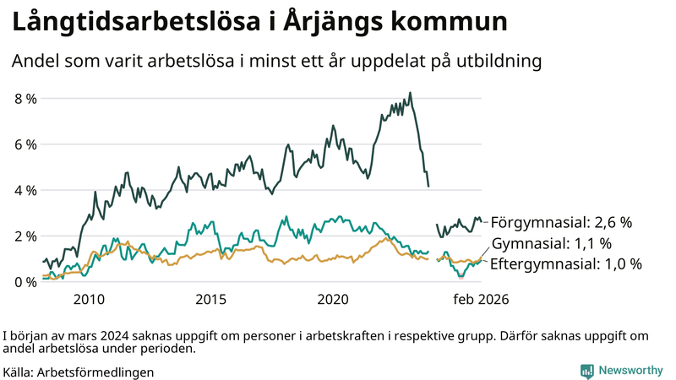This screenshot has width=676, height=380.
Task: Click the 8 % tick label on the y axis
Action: (25, 99)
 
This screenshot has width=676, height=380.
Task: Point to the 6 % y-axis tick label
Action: (25, 144)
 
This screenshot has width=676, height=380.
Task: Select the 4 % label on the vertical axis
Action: (25, 190)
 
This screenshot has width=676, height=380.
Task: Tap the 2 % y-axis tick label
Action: (25, 236)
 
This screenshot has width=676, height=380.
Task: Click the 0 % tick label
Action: (25, 281)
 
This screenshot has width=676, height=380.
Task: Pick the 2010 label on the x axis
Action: (89, 299)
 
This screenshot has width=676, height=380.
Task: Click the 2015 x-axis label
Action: (211, 299)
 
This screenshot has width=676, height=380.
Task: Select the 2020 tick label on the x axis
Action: (333, 299)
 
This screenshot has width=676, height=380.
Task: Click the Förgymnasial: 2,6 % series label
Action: (561, 223)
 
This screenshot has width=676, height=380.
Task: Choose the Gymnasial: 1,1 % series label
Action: (552, 243)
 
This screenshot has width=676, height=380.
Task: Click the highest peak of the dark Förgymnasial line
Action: (410, 93)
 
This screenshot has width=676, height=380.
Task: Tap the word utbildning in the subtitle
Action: (494, 62)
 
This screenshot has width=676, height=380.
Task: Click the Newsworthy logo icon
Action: (586, 371)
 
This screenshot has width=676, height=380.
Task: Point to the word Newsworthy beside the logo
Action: (630, 371)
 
